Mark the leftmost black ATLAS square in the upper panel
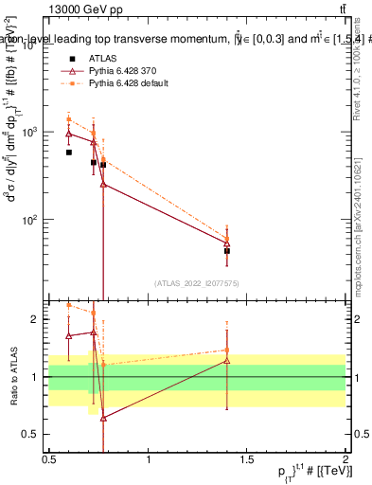tap(69, 152)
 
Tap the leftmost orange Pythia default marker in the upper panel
tap(69, 120)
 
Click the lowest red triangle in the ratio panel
tap(103, 418)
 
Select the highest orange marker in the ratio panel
tap(69, 305)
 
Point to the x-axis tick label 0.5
tap(49, 459)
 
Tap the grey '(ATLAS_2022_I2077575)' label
tap(197, 282)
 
